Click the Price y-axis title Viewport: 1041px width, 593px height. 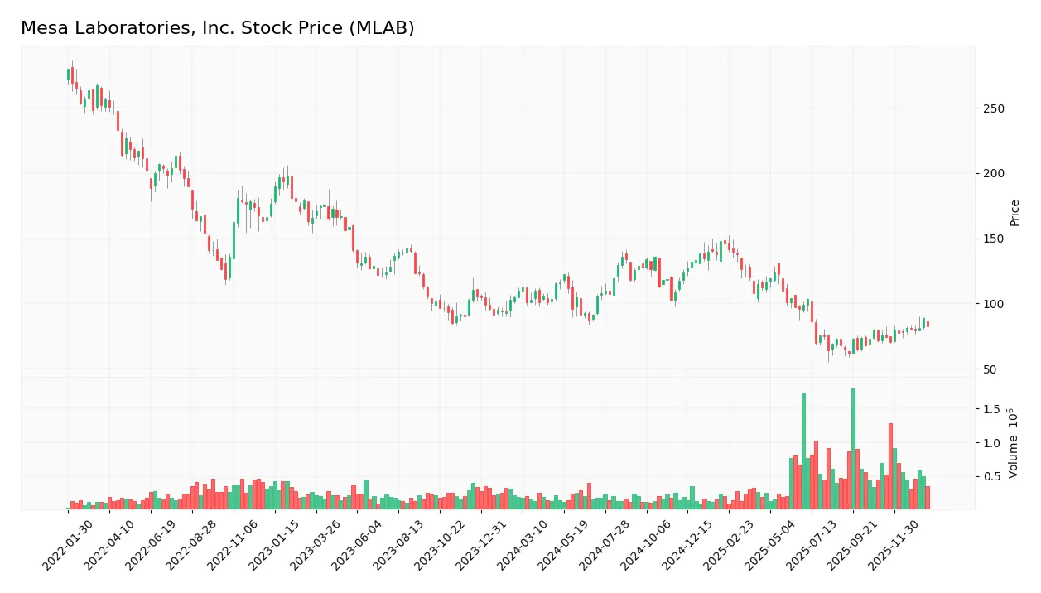pos(1014,213)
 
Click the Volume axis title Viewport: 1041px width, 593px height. pos(1014,443)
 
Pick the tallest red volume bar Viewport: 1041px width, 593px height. pos(890,466)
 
